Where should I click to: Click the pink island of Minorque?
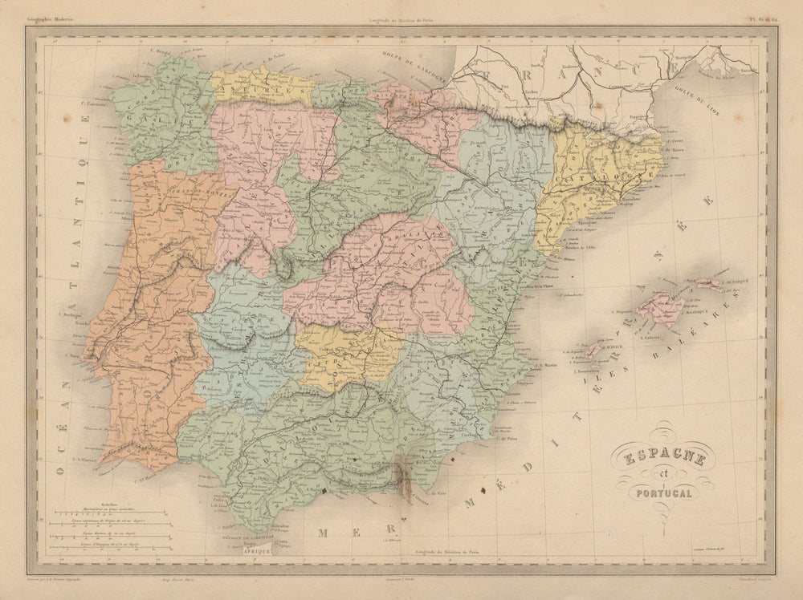pos(707,284)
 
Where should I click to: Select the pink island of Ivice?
pos(593,350)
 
